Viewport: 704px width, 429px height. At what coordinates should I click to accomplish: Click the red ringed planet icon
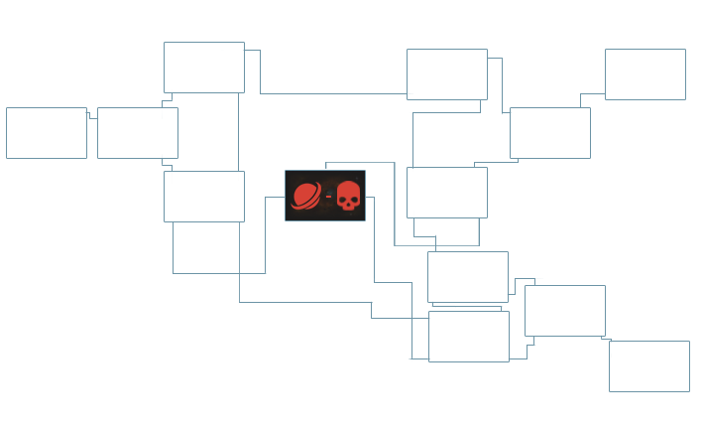(x=305, y=196)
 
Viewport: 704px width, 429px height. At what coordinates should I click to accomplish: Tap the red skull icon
(x=347, y=196)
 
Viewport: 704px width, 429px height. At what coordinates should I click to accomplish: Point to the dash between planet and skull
(x=327, y=196)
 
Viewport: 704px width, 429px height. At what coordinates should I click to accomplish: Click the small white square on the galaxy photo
(x=81, y=114)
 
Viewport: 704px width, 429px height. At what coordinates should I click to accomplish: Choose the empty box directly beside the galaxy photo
(x=137, y=132)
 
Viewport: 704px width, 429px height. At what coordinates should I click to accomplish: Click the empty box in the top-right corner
(x=645, y=73)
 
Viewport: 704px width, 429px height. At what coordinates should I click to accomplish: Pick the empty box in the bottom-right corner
(x=648, y=365)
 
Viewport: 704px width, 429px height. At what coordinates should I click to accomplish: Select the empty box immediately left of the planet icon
(x=203, y=196)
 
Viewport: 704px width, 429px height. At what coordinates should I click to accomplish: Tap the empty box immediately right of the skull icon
(x=446, y=192)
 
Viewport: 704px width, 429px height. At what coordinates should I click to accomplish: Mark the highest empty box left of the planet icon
(x=203, y=67)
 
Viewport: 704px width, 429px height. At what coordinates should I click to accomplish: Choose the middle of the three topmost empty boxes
(x=446, y=73)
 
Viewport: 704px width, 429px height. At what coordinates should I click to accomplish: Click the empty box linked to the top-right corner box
(x=549, y=132)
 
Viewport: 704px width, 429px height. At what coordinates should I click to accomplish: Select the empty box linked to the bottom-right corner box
(x=564, y=310)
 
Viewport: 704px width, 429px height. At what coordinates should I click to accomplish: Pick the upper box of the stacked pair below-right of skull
(x=467, y=276)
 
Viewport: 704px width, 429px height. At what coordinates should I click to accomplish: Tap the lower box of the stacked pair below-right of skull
(x=468, y=336)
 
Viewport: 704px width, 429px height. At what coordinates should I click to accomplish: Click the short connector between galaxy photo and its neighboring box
(x=92, y=117)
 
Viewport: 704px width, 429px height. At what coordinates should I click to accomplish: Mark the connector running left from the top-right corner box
(x=595, y=94)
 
